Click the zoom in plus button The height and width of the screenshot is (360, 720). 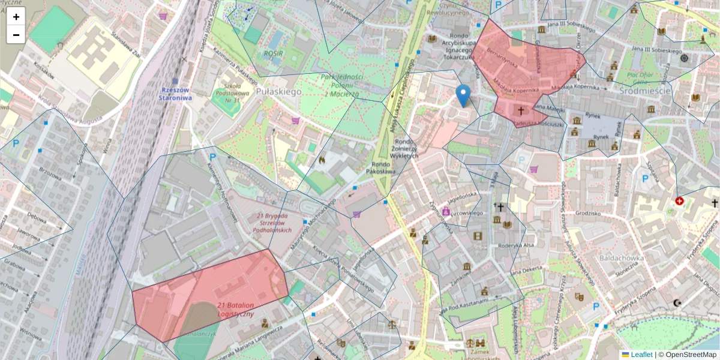click(16, 17)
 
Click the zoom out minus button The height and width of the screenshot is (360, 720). click(16, 35)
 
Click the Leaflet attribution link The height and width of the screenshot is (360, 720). click(641, 355)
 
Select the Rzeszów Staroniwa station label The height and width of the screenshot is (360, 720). click(176, 93)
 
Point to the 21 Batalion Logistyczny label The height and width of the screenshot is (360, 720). click(236, 310)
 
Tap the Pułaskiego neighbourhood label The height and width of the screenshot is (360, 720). click(278, 92)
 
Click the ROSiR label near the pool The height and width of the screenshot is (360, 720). click(272, 53)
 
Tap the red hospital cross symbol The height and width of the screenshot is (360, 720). click(679, 202)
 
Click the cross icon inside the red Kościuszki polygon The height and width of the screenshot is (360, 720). click(521, 111)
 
